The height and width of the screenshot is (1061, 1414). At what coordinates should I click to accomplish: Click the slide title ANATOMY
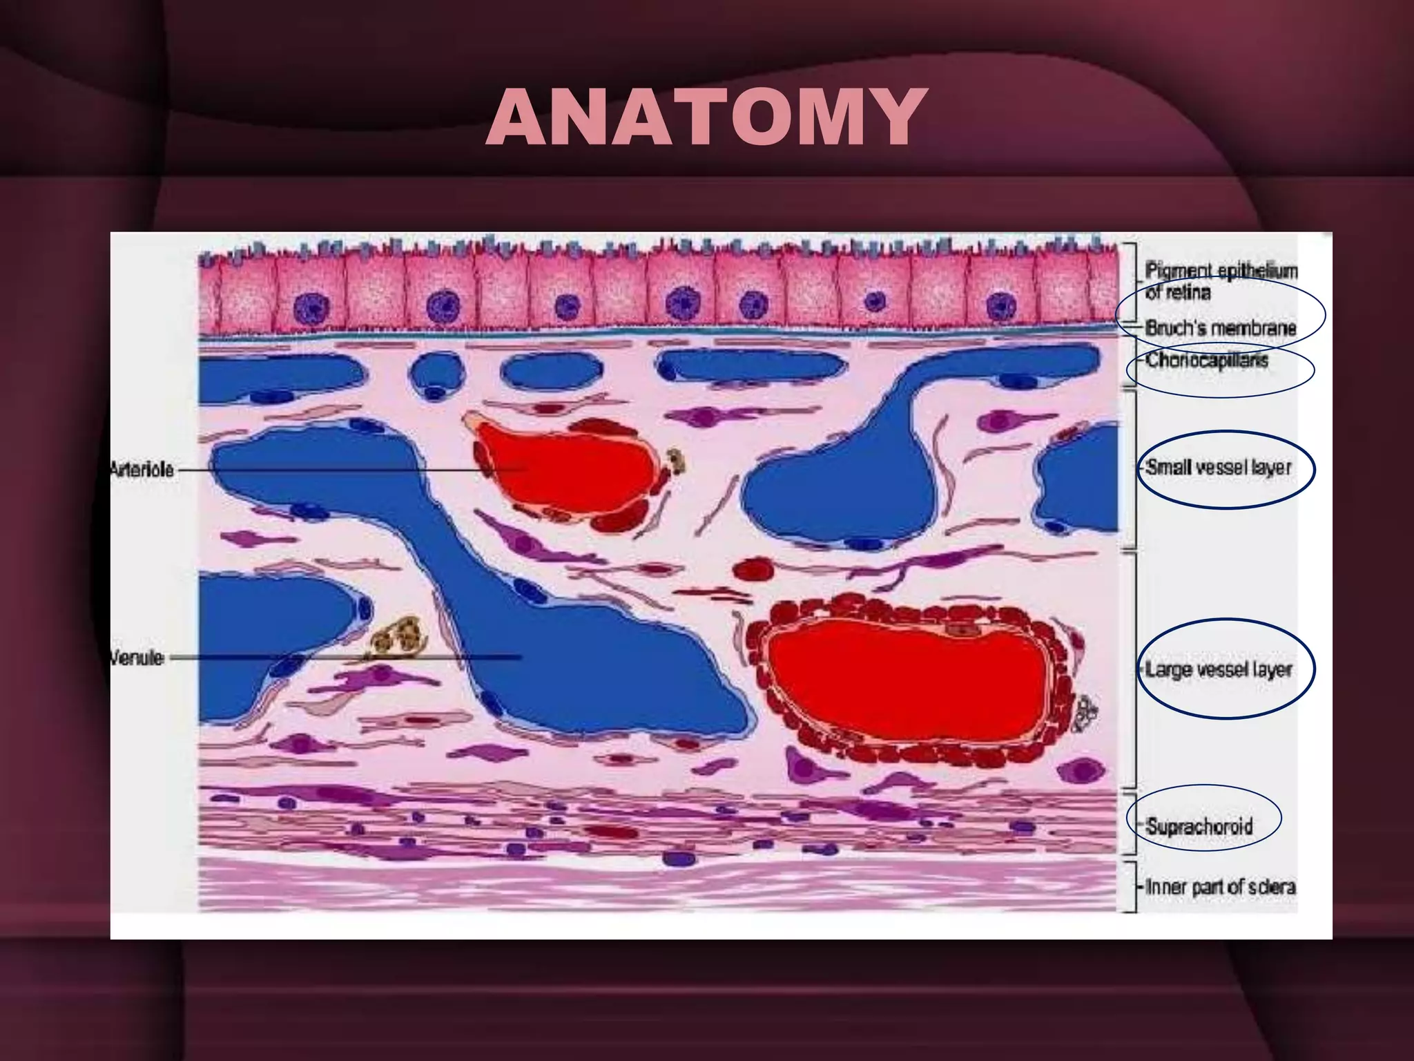706,117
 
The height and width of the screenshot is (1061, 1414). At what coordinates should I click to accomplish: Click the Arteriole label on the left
142,470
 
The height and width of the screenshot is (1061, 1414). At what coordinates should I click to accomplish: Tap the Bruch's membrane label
1221,327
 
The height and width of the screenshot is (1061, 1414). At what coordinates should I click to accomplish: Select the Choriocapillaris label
1207,360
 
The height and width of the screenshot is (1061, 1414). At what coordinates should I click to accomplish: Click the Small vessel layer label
1219,468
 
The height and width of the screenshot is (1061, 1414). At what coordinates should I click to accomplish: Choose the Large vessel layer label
1219,669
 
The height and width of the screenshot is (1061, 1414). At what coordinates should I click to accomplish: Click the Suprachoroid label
1199,825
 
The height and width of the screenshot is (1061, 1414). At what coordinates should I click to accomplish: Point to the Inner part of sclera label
1220,886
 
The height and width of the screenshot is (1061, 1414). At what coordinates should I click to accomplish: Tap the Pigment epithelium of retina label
1221,281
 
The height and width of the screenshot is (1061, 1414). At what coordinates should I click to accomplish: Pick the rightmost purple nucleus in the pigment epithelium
1000,306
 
